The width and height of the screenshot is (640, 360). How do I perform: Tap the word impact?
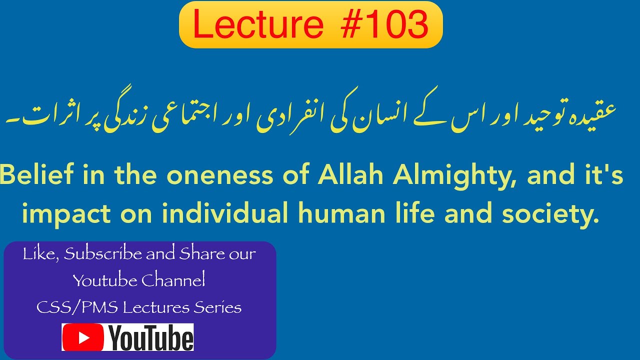click(66, 214)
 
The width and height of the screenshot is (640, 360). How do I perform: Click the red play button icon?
click(83, 337)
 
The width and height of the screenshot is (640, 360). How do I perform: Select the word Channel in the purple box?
click(173, 281)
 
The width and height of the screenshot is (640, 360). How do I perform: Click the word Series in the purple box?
click(218, 307)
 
